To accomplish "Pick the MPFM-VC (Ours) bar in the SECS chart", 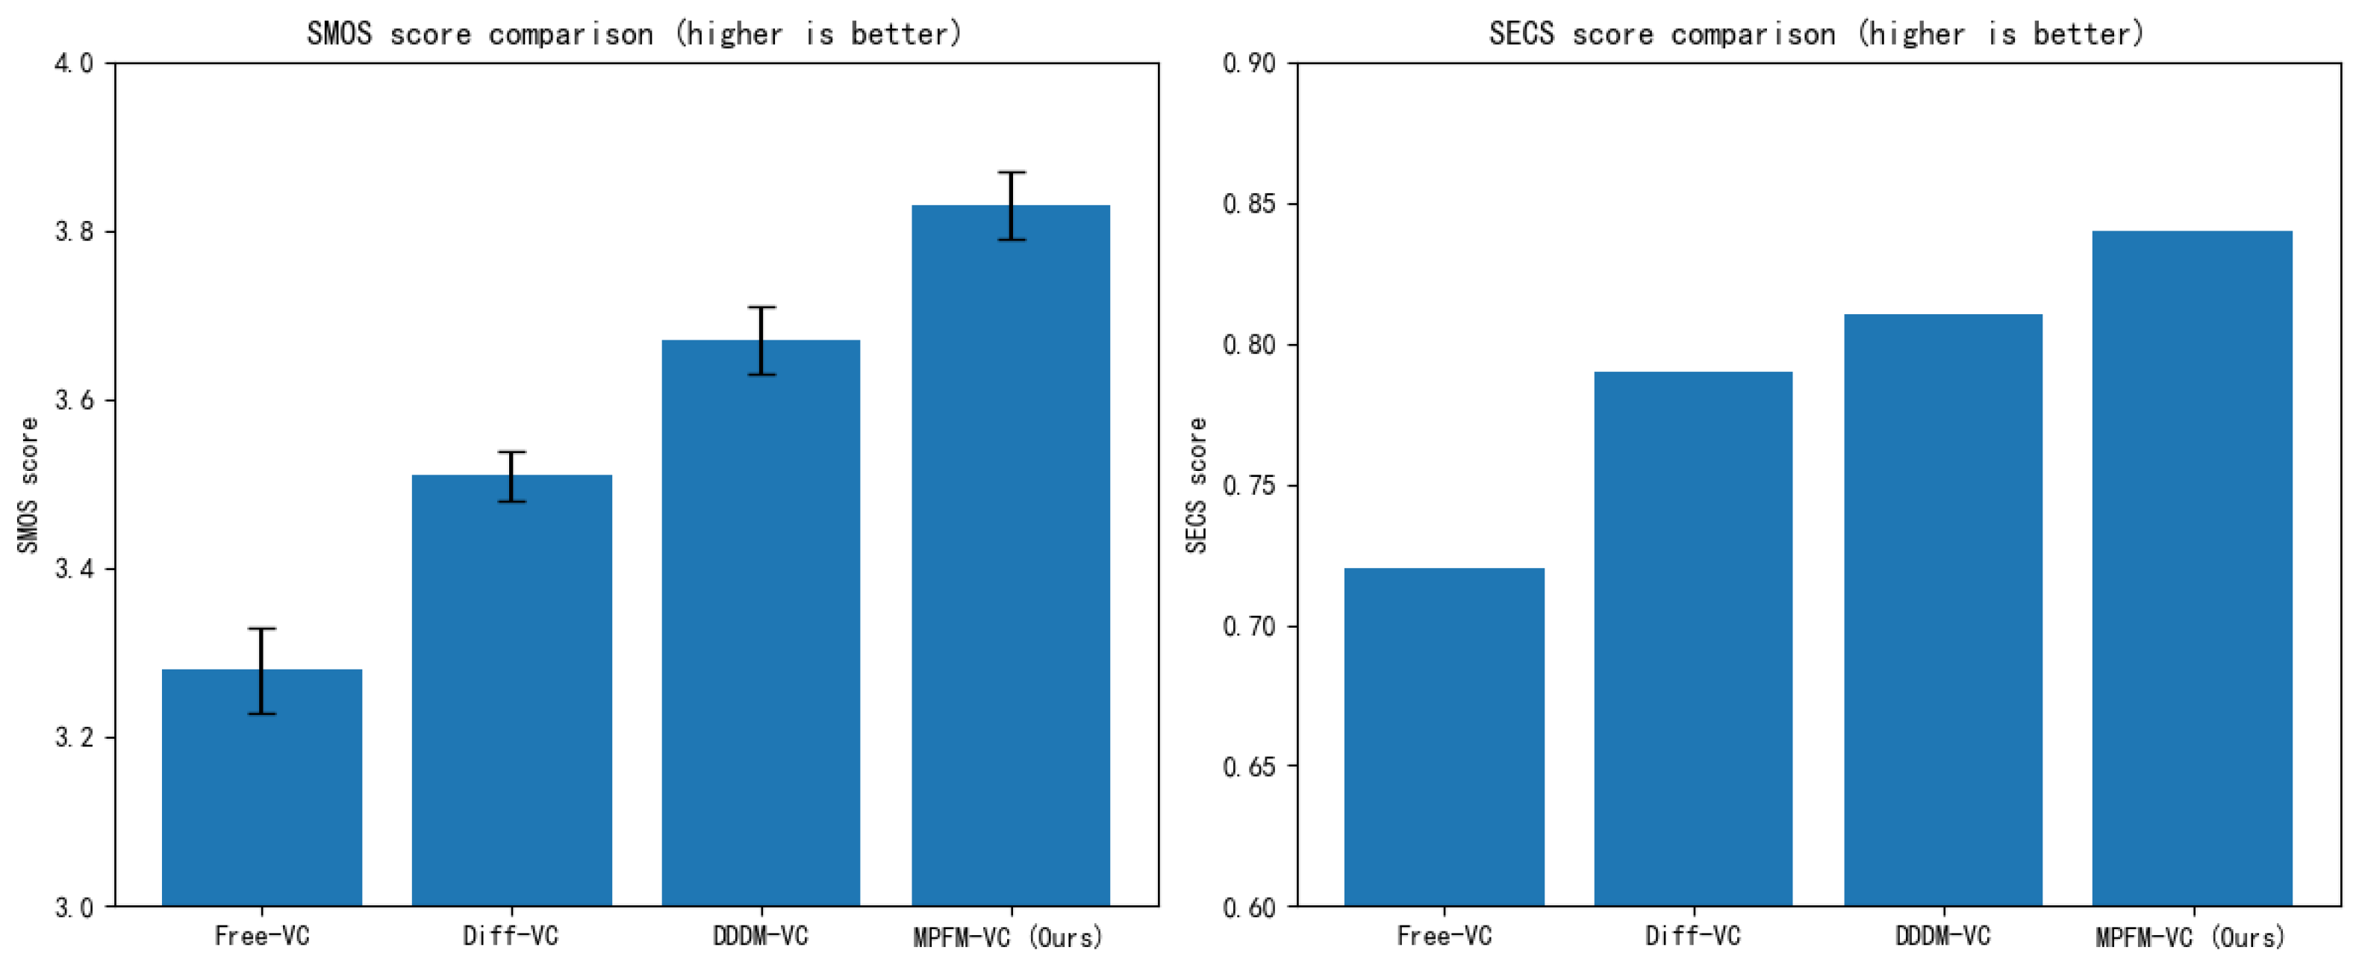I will [x=2192, y=569].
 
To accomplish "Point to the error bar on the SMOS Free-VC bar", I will [x=261, y=670].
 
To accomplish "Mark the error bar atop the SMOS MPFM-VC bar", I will [x=1011, y=205].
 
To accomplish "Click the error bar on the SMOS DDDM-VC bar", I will [x=761, y=340].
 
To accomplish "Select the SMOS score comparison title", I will [x=635, y=34].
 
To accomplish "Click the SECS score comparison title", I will [x=1816, y=34].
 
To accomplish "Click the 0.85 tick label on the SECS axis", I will [x=1248, y=204].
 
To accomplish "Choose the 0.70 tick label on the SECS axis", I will [x=1248, y=626].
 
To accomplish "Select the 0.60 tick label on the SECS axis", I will [x=1248, y=907].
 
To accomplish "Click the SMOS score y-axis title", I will [x=28, y=485].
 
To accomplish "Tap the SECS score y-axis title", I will [x=1196, y=485].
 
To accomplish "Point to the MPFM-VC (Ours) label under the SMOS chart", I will [x=1009, y=937].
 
